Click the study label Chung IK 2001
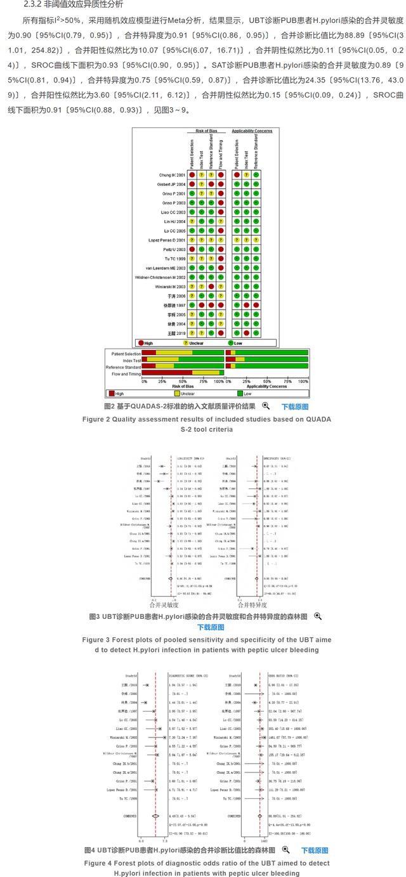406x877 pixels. [172, 174]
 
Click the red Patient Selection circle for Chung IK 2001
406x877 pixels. [191, 174]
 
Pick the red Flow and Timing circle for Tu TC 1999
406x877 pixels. [221, 258]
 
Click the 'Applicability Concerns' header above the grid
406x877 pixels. [252, 131]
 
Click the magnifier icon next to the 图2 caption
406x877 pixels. [266, 406]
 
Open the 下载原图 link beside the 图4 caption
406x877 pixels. [314, 850]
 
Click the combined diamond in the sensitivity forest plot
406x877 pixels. [170, 579]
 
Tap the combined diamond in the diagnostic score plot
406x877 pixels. [155, 816]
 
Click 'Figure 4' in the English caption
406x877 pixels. [96, 863]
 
